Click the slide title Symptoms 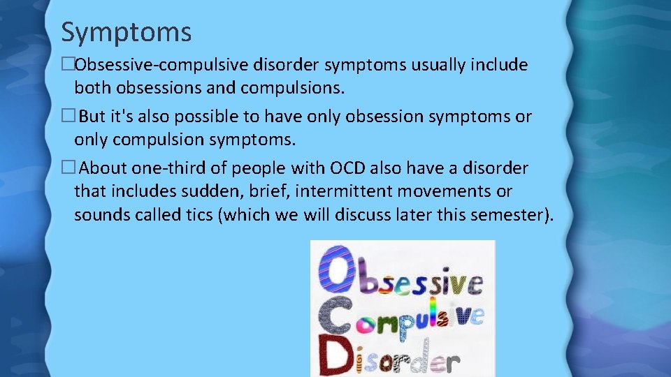click(x=126, y=31)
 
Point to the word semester click(x=503, y=214)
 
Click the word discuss click(x=365, y=214)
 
